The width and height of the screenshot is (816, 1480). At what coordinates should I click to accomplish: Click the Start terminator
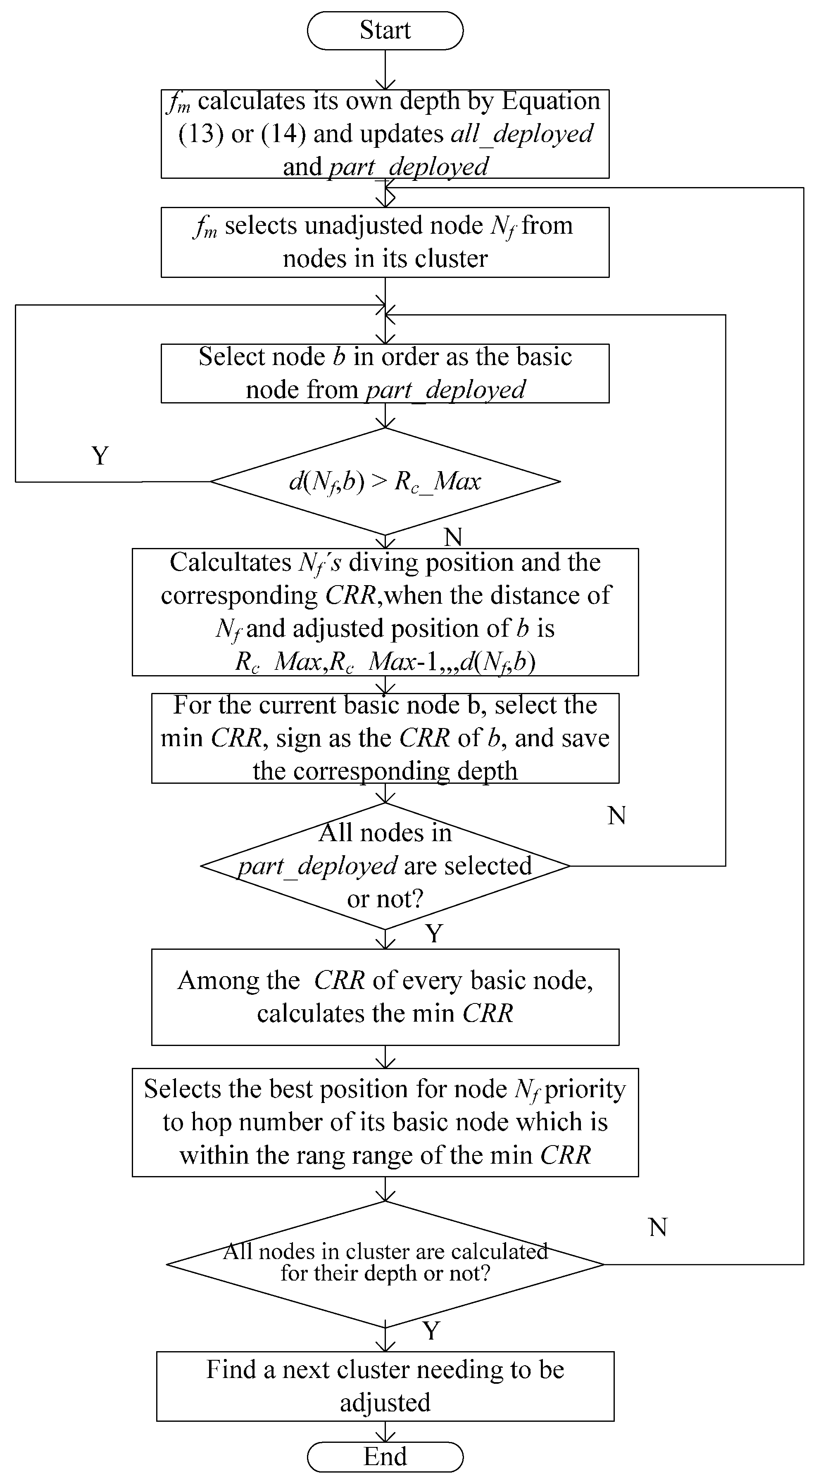385,31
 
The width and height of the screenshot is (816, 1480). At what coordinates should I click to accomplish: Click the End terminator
385,1456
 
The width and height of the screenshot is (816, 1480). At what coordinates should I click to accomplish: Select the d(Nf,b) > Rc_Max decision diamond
385,481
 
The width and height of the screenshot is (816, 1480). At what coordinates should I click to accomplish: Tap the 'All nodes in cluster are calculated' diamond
385,1264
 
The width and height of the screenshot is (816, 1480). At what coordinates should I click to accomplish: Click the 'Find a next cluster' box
385,1386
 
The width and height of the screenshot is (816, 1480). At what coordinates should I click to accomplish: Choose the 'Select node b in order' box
385,373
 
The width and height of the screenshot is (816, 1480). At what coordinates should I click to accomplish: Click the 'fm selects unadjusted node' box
385,242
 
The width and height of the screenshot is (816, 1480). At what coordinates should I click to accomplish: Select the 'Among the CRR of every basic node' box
385,997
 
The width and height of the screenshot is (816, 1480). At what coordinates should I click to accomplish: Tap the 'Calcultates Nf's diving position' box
385,612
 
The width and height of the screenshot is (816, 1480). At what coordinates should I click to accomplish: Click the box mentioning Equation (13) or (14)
385,134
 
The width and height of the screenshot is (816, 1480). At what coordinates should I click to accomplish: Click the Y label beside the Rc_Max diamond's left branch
100,456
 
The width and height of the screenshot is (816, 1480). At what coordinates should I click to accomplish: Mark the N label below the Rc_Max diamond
453,537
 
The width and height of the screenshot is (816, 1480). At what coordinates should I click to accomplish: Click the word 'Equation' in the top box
550,101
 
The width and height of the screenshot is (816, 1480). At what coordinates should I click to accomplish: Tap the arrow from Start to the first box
385,69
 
